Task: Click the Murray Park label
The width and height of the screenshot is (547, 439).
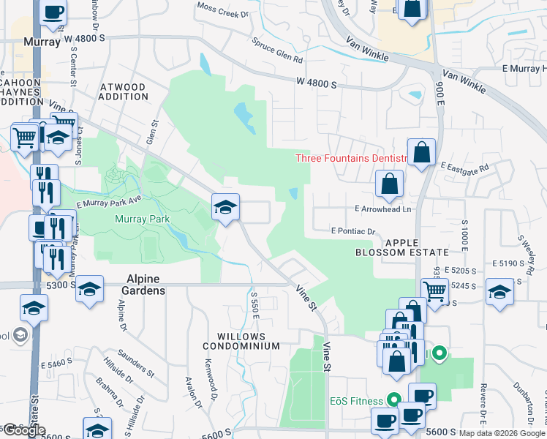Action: [142, 219]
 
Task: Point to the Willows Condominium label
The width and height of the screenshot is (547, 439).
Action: [241, 341]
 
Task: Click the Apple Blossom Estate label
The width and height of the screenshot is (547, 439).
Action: [401, 247]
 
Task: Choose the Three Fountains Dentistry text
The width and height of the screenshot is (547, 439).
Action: [351, 158]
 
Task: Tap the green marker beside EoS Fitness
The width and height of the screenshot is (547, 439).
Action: [394, 400]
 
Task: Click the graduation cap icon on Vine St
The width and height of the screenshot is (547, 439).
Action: [226, 207]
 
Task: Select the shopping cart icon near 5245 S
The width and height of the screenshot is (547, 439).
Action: [434, 291]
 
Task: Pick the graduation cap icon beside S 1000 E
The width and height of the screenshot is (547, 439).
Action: [499, 291]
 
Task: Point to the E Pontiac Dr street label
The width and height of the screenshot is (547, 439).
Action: [352, 231]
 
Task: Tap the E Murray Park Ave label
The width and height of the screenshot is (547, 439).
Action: [108, 200]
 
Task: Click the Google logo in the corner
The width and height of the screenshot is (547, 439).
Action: [24, 430]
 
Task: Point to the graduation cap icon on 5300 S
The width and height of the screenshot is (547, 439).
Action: [89, 289]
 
